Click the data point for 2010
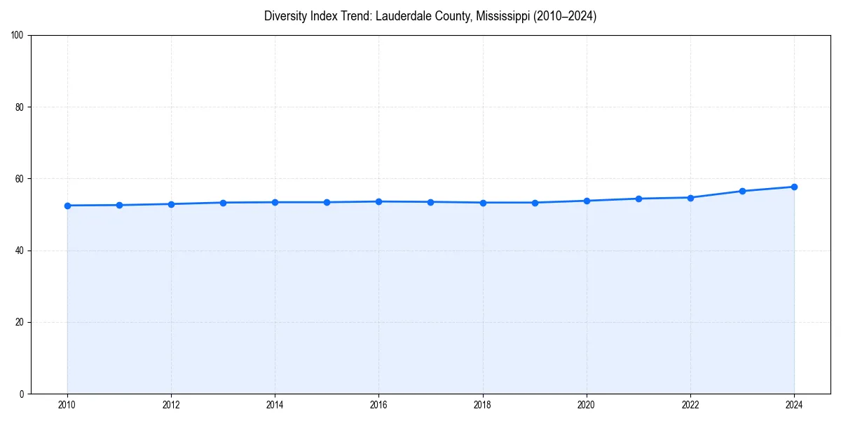pyautogui.click(x=67, y=206)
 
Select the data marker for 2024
pyautogui.click(x=794, y=187)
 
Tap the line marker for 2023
pyautogui.click(x=742, y=191)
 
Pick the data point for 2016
pyautogui.click(x=378, y=201)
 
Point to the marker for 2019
pyautogui.click(x=535, y=203)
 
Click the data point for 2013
pyautogui.click(x=223, y=203)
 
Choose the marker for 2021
pyautogui.click(x=638, y=199)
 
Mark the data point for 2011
pyautogui.click(x=119, y=205)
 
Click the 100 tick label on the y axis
pyautogui.click(x=18, y=36)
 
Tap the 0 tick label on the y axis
pyautogui.click(x=22, y=394)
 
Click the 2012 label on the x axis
pyautogui.click(x=171, y=405)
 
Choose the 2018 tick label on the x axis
pyautogui.click(x=482, y=405)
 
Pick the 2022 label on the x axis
pyautogui.click(x=690, y=405)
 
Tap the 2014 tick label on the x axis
pyautogui.click(x=275, y=405)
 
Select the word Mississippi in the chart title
pyautogui.click(x=502, y=16)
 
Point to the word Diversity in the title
pyautogui.click(x=285, y=16)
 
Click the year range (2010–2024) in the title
pyautogui.click(x=565, y=16)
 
